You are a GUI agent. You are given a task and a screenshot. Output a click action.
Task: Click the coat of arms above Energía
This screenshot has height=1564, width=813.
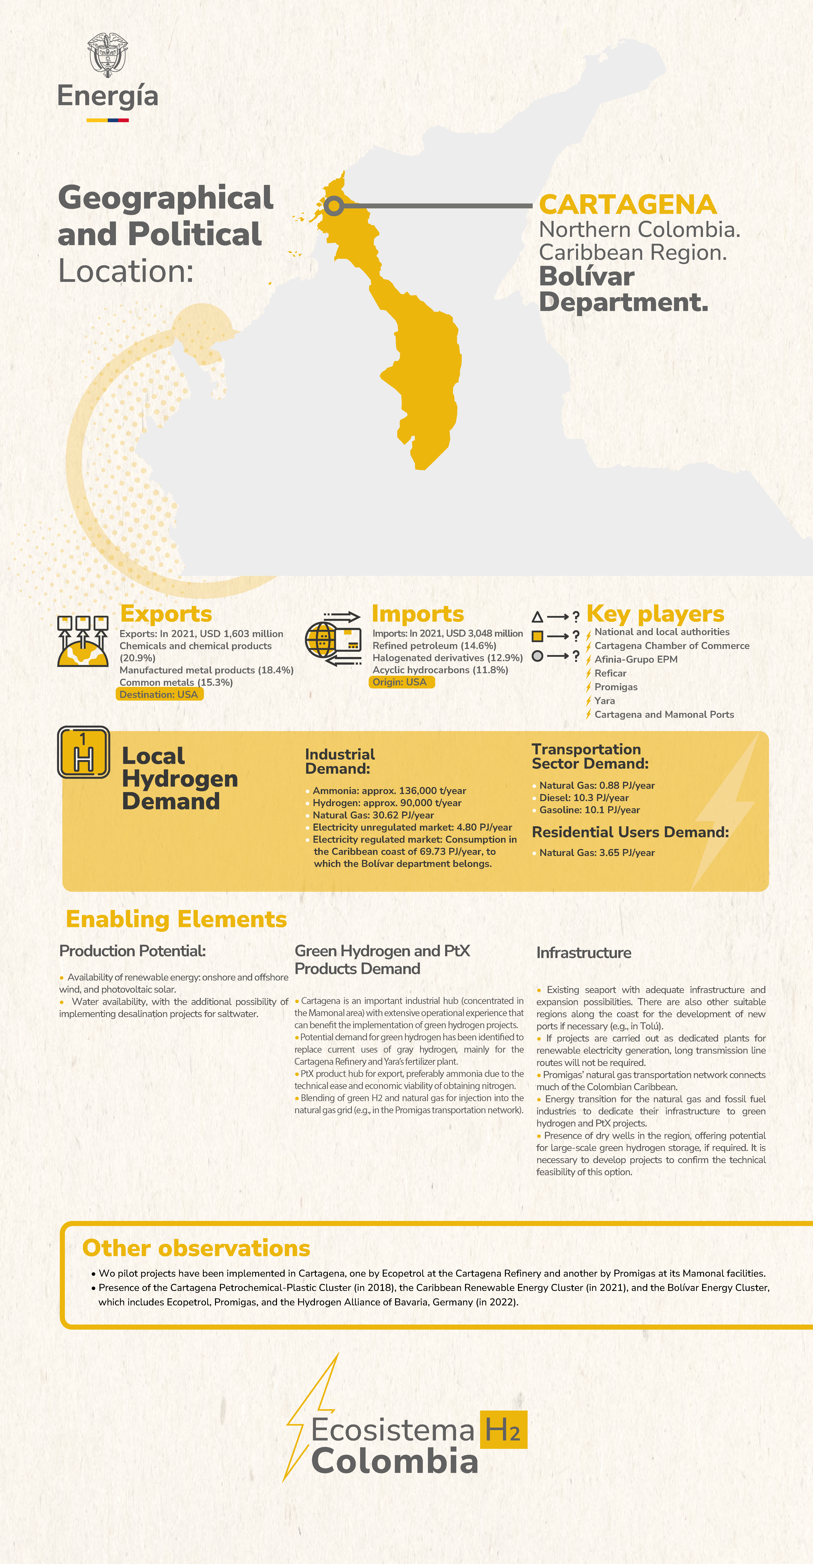click(x=108, y=55)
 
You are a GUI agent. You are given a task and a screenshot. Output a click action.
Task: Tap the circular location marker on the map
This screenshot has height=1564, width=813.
click(x=333, y=206)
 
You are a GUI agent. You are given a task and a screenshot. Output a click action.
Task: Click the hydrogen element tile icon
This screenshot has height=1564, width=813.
click(x=84, y=752)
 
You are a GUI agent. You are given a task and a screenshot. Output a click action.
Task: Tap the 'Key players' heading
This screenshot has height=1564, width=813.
click(x=655, y=614)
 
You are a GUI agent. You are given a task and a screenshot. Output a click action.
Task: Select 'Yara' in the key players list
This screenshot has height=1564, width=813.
click(x=605, y=701)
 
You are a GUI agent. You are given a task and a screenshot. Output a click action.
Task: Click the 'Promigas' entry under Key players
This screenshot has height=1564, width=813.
click(x=616, y=687)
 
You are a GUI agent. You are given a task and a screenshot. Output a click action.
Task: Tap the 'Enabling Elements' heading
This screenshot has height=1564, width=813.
click(x=176, y=919)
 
